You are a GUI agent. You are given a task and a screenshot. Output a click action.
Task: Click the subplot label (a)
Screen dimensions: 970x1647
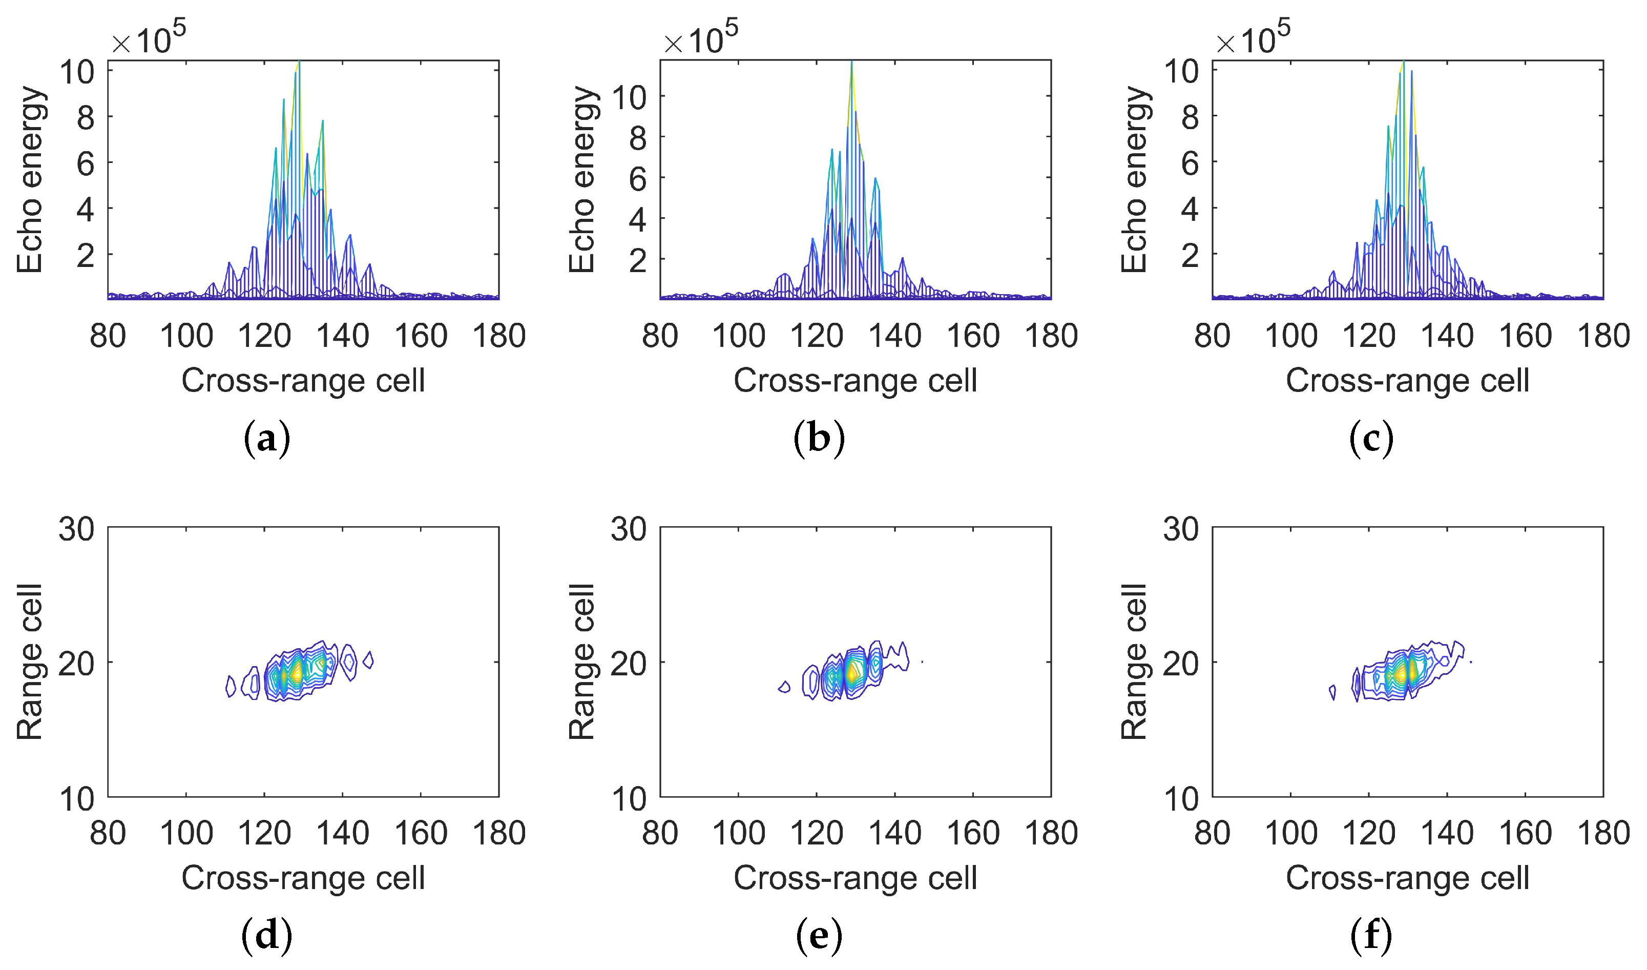[267, 439]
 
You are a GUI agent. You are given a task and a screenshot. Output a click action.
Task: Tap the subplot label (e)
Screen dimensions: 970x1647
[819, 936]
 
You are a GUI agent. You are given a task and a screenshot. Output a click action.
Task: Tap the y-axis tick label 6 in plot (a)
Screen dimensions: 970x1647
[86, 163]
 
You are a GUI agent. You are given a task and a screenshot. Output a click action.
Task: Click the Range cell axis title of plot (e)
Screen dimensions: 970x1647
[581, 662]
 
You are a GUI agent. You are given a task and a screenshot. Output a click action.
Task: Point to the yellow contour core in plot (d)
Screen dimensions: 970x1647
[297, 672]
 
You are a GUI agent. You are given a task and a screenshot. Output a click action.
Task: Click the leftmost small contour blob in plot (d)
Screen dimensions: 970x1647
[230, 686]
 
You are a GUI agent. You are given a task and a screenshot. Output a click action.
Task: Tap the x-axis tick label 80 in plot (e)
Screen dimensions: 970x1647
[660, 833]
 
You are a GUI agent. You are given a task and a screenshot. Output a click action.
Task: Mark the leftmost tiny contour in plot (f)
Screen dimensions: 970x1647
[1332, 692]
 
